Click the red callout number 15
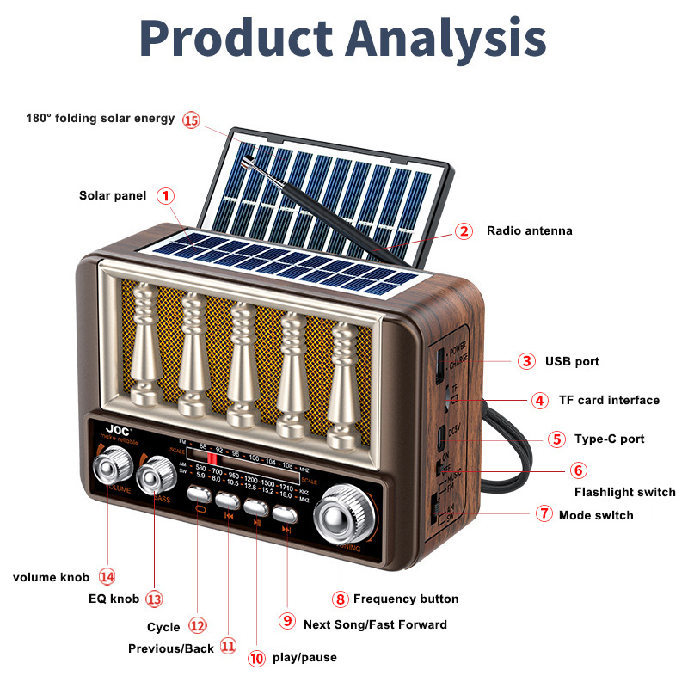(191, 120)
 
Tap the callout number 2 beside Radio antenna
(464, 230)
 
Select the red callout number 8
(341, 599)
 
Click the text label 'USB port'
(572, 361)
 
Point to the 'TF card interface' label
(609, 400)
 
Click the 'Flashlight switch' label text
(625, 492)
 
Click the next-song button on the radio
(285, 513)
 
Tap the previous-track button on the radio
(228, 501)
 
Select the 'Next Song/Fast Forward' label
(375, 623)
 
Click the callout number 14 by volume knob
(107, 576)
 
